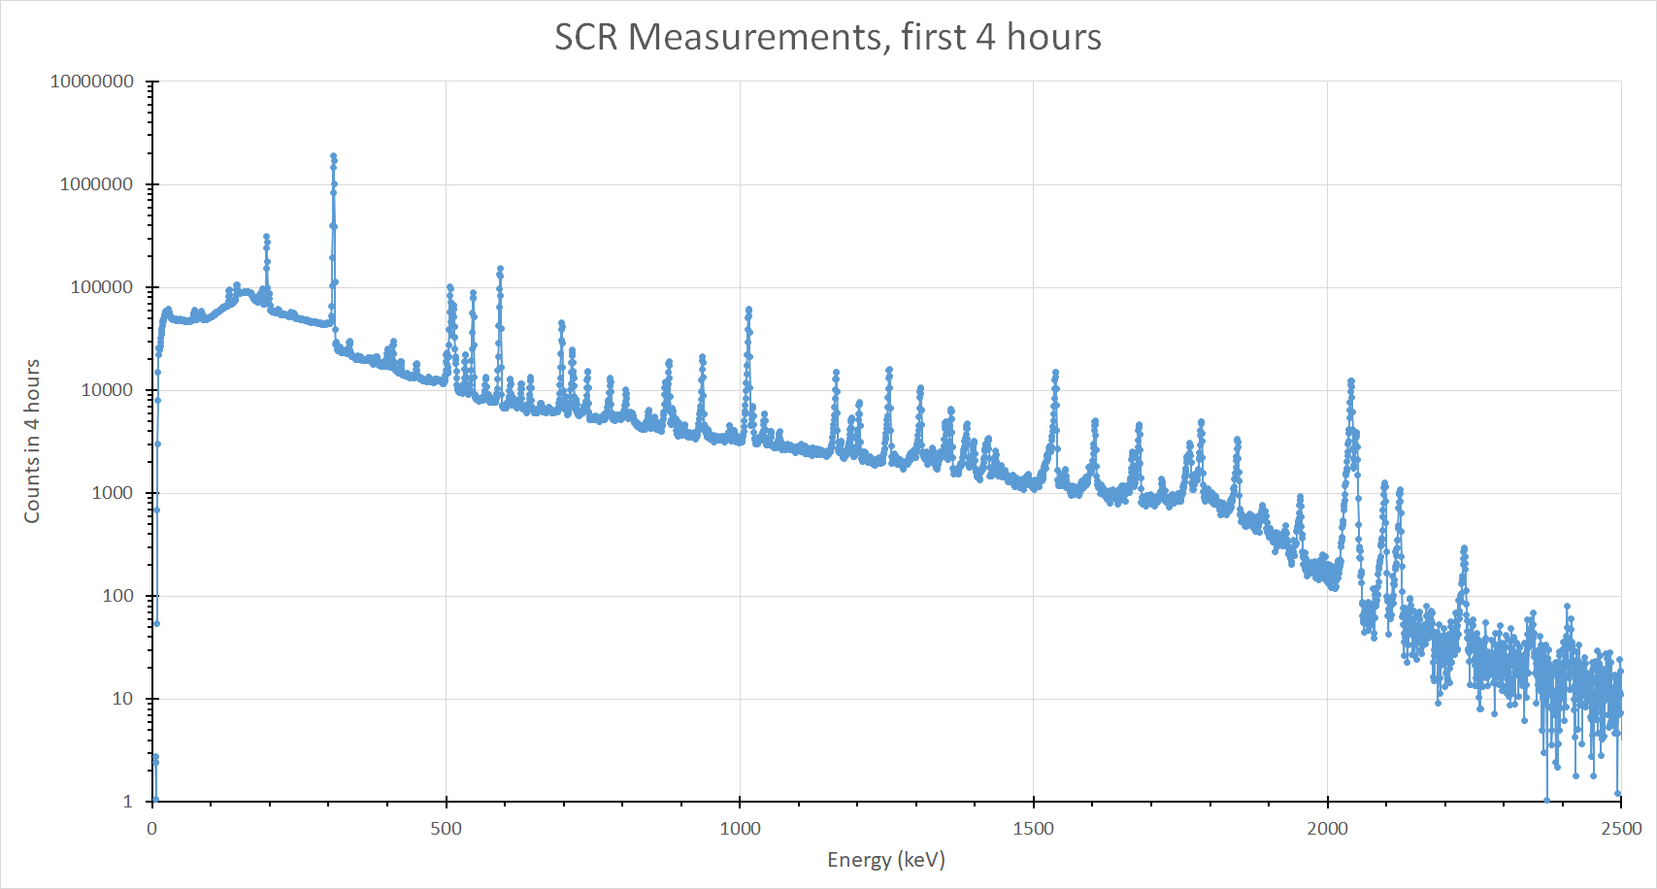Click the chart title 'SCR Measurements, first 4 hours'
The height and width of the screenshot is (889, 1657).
click(827, 37)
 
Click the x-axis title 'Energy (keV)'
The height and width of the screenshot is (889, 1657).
click(885, 860)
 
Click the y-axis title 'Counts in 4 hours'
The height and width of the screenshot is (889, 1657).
click(32, 442)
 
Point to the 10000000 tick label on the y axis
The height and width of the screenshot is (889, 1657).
click(92, 82)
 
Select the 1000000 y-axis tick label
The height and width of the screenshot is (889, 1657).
click(96, 184)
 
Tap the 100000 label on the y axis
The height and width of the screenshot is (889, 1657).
click(101, 287)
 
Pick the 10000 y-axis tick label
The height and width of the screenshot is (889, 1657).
click(106, 390)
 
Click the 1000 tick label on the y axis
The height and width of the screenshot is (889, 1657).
click(112, 493)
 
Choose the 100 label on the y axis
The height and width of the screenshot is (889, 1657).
click(117, 596)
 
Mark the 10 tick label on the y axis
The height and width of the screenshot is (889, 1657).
click(122, 699)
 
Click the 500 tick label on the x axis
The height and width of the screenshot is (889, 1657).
click(446, 829)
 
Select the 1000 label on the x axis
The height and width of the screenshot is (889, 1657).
click(740, 829)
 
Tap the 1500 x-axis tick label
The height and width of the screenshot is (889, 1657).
click(1033, 829)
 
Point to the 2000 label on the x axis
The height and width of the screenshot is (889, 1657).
click(1327, 829)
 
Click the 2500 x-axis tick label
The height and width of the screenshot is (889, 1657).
click(1620, 829)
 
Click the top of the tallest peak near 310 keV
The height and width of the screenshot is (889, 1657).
click(333, 155)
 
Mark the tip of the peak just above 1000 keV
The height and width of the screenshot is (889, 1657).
click(748, 310)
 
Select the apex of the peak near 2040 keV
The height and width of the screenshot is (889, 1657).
click(1350, 381)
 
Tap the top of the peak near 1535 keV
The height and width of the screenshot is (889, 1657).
click(1055, 373)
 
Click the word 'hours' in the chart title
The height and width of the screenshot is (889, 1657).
click(1053, 37)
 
